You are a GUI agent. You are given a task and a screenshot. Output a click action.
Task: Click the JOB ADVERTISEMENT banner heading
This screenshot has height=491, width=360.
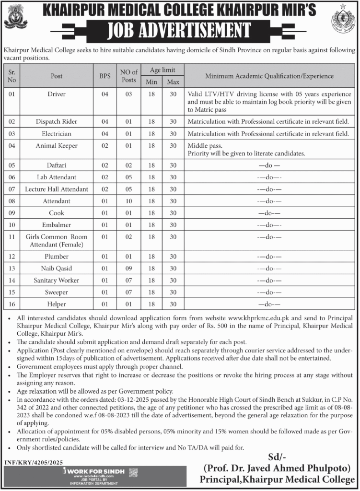click(180, 30)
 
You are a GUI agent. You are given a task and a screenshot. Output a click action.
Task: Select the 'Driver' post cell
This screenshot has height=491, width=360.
click(57, 94)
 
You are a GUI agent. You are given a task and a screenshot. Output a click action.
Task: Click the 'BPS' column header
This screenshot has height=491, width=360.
click(105, 76)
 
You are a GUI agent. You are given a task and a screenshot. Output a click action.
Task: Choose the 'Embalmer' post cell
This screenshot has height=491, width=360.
click(57, 225)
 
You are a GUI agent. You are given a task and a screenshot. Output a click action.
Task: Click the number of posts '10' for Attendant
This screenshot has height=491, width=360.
click(128, 201)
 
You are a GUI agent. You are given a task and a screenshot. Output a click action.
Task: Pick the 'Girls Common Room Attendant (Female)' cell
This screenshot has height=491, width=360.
click(57, 241)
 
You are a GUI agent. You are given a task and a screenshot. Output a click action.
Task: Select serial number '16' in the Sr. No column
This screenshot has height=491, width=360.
click(12, 304)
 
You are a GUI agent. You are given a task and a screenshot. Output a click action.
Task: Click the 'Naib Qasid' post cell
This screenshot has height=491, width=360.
click(57, 269)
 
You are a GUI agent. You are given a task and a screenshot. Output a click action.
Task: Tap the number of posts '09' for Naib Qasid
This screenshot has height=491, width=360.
click(128, 269)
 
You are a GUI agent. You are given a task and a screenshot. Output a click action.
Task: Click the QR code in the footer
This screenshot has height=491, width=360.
click(134, 472)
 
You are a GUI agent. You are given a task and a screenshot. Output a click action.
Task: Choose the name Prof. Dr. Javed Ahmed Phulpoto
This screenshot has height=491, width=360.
click(279, 468)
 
